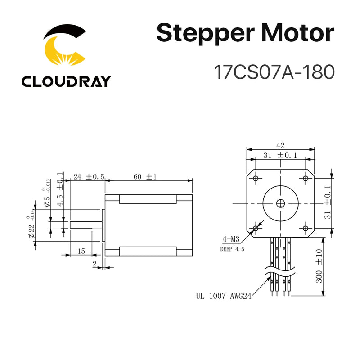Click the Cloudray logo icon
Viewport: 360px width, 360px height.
coord(65,47)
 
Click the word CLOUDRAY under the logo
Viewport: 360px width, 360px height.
coord(66,81)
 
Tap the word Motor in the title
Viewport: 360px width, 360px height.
coord(299,34)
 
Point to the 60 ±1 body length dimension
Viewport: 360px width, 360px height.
coord(144,177)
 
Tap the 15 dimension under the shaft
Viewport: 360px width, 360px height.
coord(81,250)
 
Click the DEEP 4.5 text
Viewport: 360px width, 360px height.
coord(232,249)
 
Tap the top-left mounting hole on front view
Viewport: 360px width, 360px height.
coord(256,178)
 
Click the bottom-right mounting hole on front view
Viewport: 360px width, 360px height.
coord(306,229)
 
